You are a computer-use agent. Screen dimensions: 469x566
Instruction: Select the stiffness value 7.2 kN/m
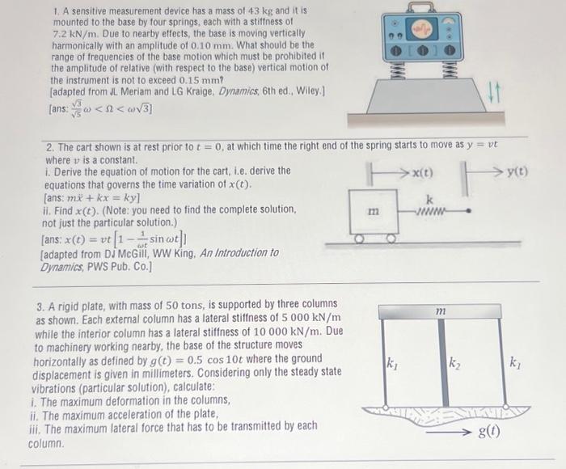[75, 36]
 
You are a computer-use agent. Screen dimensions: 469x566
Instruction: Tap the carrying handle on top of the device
[422, 7]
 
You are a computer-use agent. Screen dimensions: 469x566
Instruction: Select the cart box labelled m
[373, 212]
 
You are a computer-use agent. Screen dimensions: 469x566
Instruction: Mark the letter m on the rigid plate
[441, 311]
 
